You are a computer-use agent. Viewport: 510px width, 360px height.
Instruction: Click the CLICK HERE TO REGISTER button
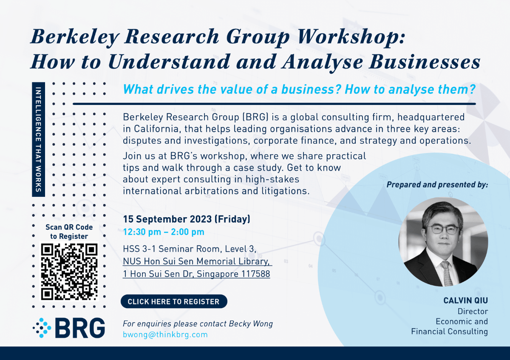point(174,302)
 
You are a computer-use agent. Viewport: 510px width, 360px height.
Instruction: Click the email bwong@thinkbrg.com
point(165,334)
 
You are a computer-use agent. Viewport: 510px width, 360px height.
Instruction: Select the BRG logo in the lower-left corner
point(69,328)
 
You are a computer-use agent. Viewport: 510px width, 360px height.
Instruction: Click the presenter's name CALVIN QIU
point(465,301)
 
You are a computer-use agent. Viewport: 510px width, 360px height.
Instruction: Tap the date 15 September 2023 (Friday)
point(187,219)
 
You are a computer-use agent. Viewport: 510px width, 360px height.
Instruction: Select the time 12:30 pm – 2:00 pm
point(164,232)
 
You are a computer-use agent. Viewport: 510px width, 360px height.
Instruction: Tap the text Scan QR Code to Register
point(69,232)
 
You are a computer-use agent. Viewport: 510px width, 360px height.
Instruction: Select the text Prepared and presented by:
point(437,185)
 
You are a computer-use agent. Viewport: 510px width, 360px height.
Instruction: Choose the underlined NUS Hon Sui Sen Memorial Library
point(197,261)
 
